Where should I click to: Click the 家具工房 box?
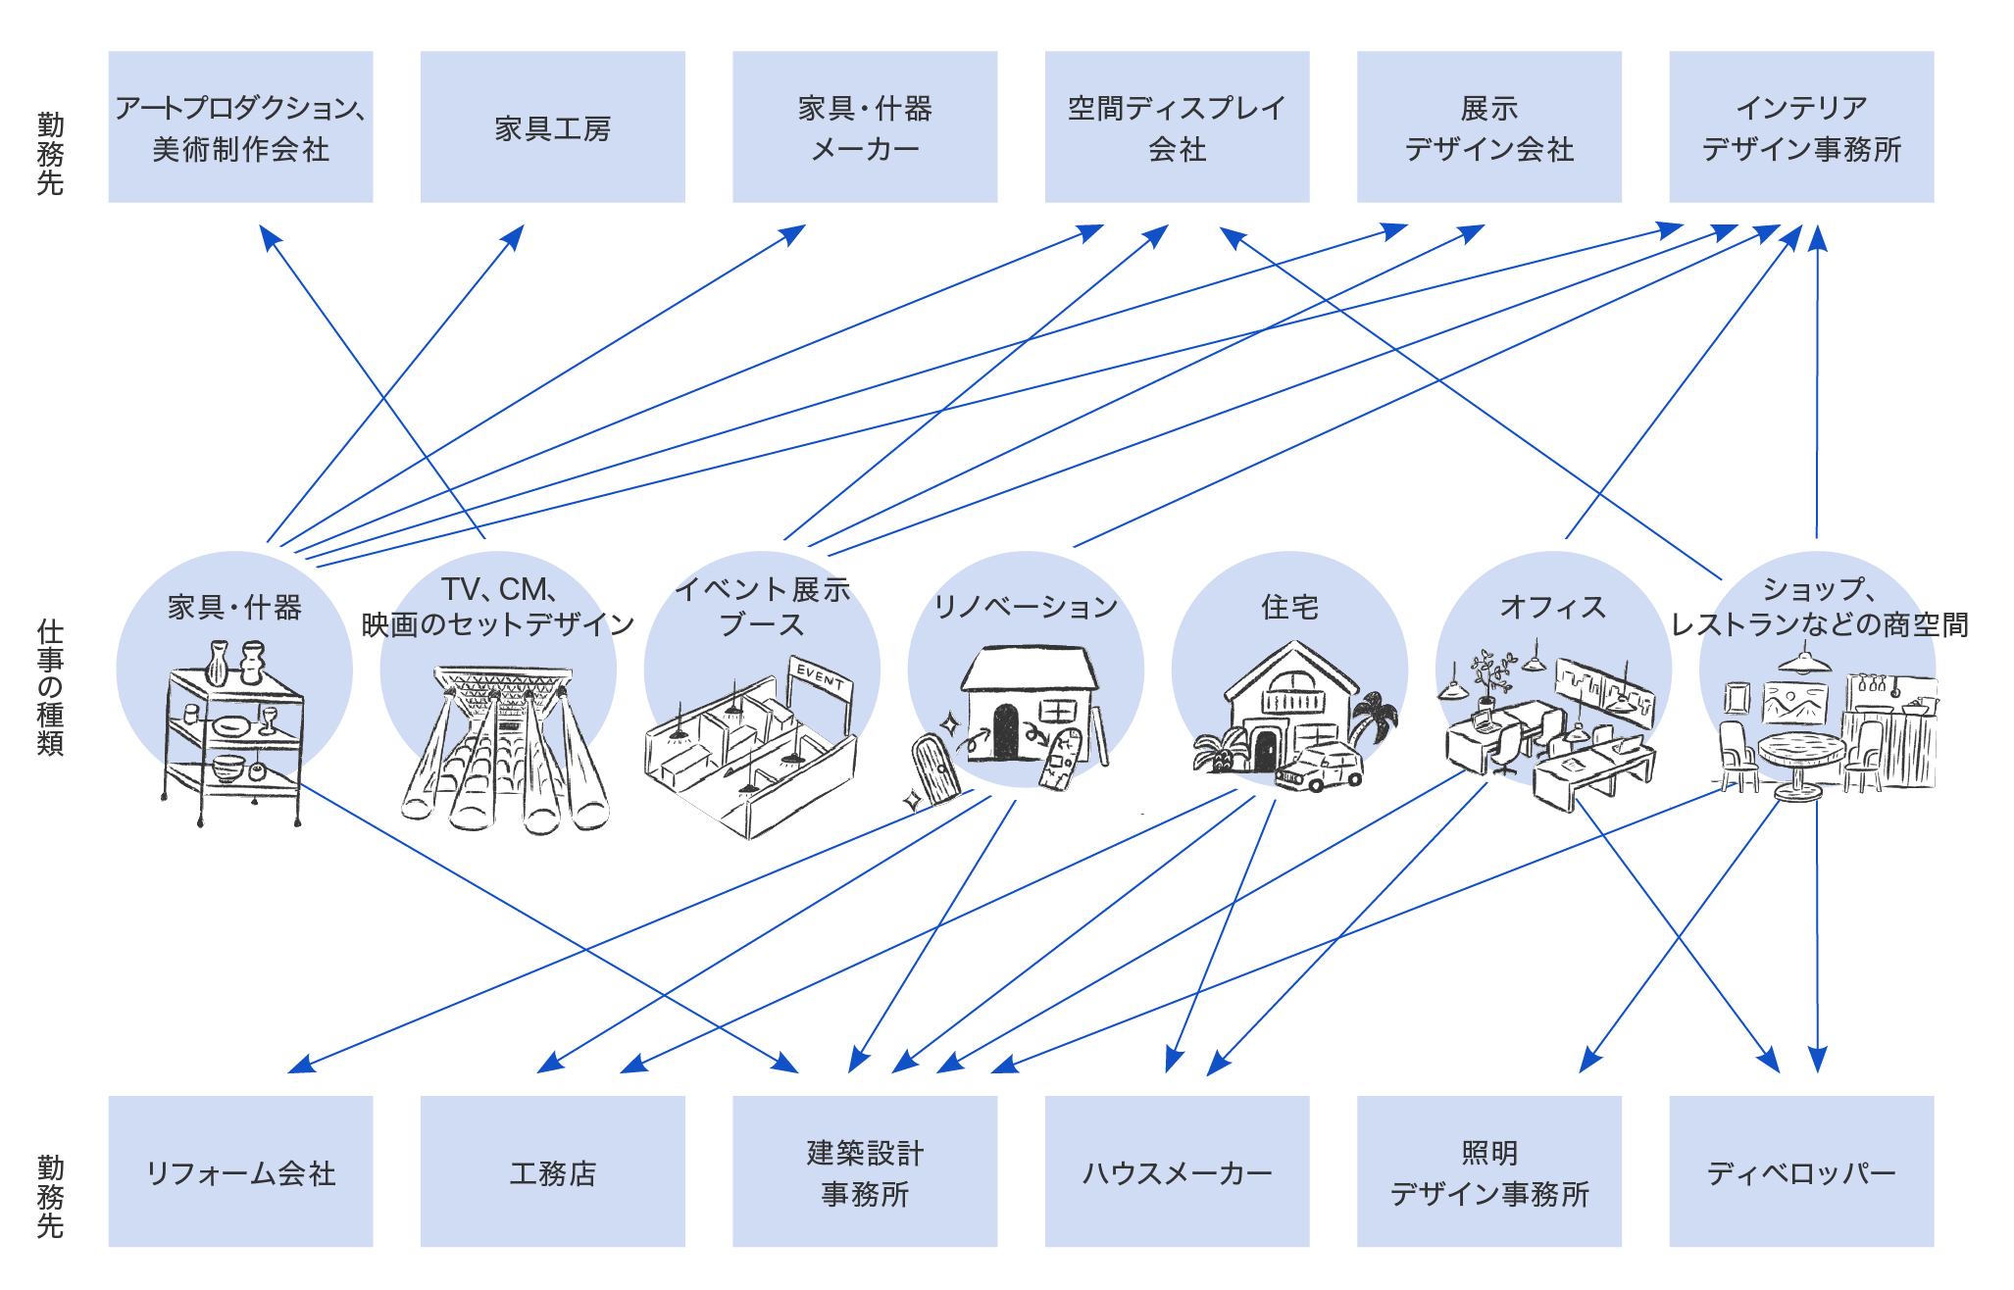point(552,127)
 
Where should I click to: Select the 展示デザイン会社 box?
point(1488,127)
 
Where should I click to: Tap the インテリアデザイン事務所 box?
point(1800,127)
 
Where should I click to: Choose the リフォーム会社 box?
point(240,1171)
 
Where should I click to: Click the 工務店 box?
point(552,1171)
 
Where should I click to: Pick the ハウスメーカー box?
point(1177,1171)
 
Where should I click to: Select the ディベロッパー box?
point(1800,1171)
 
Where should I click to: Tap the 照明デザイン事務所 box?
point(1488,1171)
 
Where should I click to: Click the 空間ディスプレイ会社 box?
point(1177,127)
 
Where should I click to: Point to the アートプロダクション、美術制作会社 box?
point(240,127)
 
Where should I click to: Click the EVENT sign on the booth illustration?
point(820,676)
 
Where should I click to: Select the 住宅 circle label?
point(1289,608)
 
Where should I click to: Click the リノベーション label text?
point(1026,608)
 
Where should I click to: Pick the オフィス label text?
point(1553,608)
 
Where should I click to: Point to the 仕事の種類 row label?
point(50,686)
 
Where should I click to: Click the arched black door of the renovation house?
point(1005,731)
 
